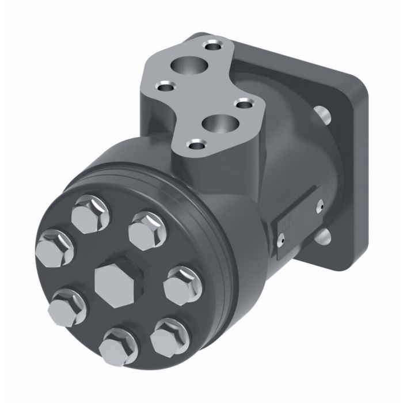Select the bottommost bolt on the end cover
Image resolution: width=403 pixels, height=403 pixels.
[x=119, y=345]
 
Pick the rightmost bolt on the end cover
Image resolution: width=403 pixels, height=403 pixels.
[x=180, y=283]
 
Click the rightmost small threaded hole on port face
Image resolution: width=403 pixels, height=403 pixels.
[x=246, y=104]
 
